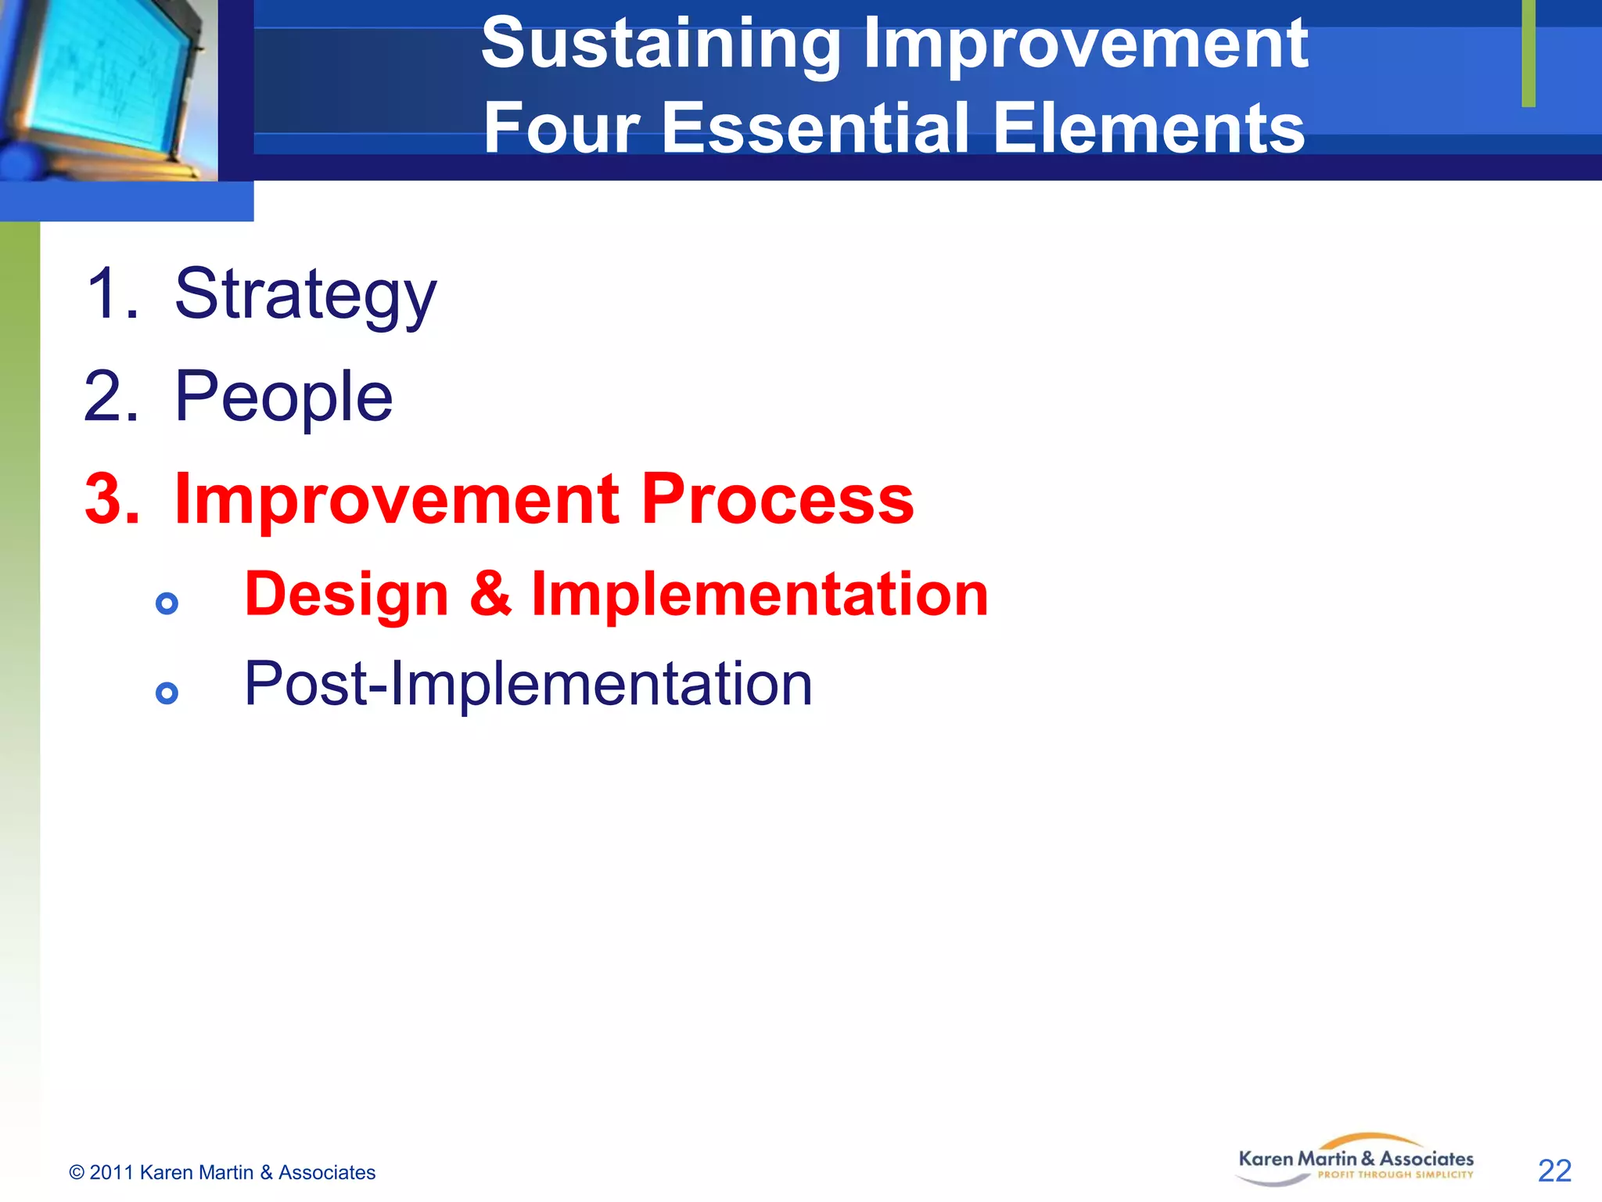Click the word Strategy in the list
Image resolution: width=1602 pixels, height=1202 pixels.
tap(305, 296)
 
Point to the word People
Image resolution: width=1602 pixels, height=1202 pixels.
tap(283, 398)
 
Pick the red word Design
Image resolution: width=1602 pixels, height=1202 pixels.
tap(347, 595)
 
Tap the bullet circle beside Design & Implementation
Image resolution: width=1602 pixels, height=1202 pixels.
tap(167, 603)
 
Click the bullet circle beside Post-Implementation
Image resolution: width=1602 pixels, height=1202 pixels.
tap(167, 693)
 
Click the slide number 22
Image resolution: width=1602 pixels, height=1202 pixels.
tap(1554, 1171)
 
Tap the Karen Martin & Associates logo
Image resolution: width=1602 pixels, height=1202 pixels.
tap(1356, 1160)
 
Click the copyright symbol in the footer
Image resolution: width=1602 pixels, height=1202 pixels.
tap(77, 1172)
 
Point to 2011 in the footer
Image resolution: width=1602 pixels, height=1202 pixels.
tap(112, 1172)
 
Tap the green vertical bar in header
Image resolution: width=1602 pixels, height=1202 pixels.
tap(1528, 53)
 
